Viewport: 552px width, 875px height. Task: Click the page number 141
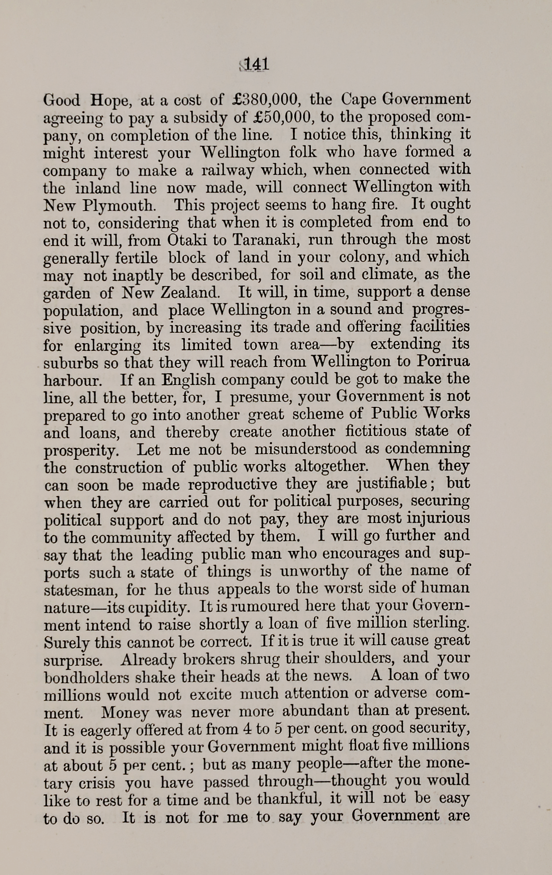257,65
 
